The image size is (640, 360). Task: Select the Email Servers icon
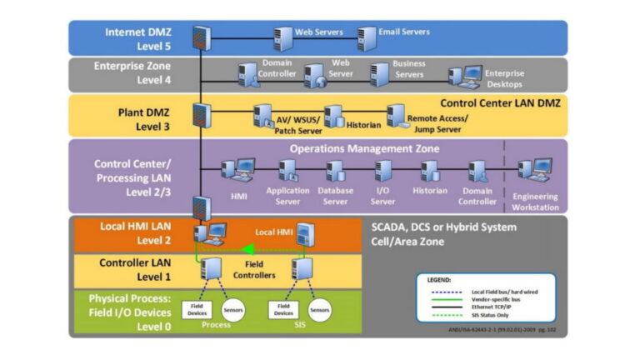point(367,38)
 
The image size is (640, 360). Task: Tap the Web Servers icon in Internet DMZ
point(282,38)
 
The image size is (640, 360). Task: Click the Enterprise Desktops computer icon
point(471,76)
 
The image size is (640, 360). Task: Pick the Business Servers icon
point(379,75)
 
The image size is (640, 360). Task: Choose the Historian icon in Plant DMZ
point(333,117)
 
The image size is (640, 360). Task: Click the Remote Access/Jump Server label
point(437,124)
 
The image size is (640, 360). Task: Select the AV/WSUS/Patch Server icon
point(264,115)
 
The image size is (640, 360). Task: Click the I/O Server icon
point(382,172)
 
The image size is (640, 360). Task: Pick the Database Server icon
point(335,172)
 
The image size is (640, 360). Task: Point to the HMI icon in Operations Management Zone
point(237,172)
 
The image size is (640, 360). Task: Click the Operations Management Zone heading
point(364,148)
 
